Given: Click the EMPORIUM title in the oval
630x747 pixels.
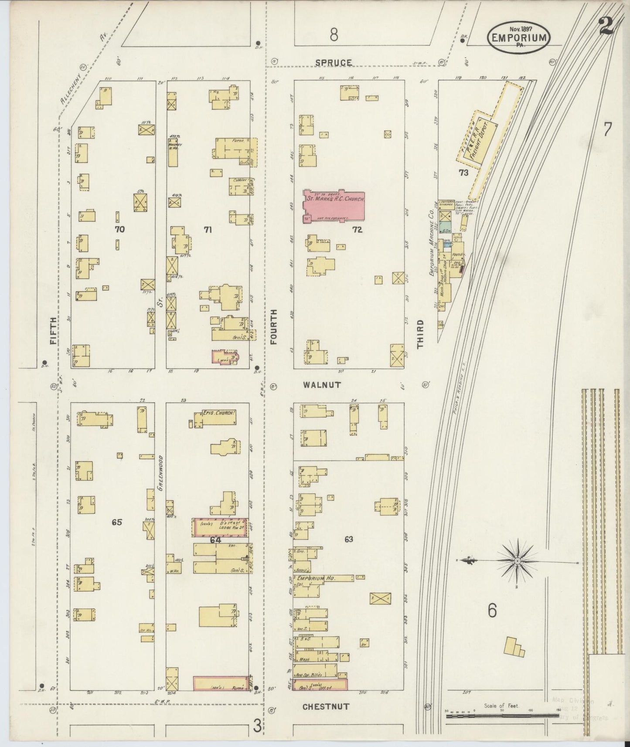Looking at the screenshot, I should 519,37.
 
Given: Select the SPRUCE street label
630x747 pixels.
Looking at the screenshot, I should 334,63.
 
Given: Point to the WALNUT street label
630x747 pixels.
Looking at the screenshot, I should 322,385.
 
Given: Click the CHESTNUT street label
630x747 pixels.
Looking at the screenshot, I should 326,707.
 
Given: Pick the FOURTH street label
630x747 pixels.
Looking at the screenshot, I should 273,327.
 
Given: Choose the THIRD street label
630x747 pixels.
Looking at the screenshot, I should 420,334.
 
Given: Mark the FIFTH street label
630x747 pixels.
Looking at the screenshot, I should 53,331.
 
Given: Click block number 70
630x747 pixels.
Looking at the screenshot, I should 119,229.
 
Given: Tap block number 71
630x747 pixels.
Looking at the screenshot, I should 208,230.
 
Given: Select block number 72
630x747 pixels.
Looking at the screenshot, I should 357,230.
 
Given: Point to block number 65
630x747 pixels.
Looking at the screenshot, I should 116,522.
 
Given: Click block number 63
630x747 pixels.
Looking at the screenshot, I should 348,539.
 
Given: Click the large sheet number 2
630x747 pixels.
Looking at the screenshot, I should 606,26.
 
